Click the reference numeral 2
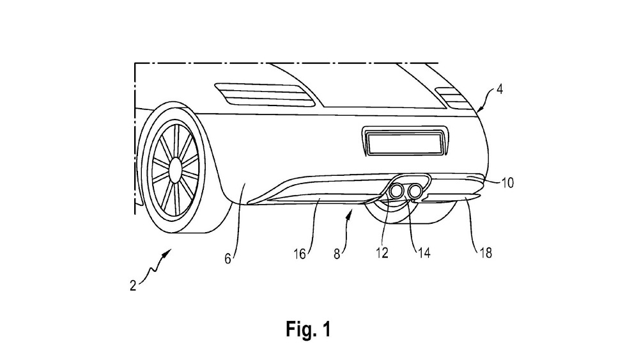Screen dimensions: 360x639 click(133, 286)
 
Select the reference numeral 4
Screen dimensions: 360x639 click(500, 90)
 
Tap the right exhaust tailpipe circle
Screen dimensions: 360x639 click(416, 190)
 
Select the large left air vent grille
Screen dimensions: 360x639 click(265, 95)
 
